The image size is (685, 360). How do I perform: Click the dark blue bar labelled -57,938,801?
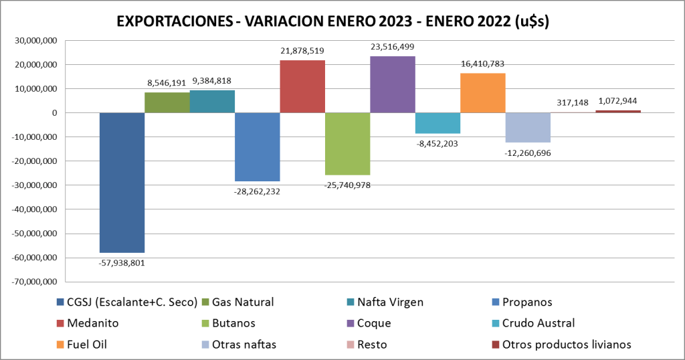(x=122, y=182)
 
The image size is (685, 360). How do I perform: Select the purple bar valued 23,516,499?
(x=393, y=84)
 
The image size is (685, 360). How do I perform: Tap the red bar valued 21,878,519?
(x=302, y=86)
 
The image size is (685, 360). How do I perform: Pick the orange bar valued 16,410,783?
(x=482, y=93)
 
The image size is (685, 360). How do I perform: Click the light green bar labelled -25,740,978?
(x=347, y=144)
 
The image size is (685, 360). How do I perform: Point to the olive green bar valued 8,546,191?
(x=167, y=102)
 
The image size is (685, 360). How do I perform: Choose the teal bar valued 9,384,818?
(x=212, y=102)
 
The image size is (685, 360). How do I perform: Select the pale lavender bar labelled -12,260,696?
(x=527, y=127)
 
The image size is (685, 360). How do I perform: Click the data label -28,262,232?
(x=258, y=192)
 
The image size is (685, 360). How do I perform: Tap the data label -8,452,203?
(x=437, y=143)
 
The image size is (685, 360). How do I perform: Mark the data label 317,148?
(x=572, y=102)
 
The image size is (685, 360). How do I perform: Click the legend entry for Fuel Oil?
(x=90, y=345)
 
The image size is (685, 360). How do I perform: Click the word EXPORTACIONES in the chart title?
(x=171, y=21)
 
